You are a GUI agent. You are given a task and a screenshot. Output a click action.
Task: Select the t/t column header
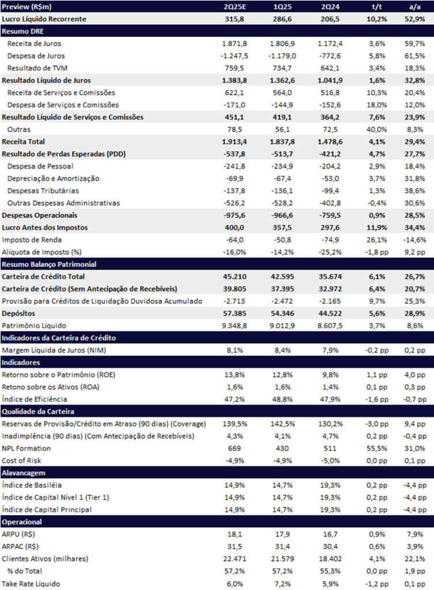[377, 7]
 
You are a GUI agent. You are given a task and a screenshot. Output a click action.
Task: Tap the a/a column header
[415, 7]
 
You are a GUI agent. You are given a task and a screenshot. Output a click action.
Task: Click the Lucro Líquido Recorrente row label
[44, 19]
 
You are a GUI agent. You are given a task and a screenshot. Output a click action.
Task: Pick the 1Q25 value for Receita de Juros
[282, 44]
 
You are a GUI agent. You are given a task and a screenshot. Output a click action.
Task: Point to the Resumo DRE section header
[22, 31]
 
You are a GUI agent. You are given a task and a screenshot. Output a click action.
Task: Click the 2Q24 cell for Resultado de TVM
[330, 68]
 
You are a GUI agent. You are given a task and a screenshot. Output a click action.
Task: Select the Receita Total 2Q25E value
[234, 142]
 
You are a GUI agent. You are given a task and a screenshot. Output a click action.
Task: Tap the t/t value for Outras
[377, 130]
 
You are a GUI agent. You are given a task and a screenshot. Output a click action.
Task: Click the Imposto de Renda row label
[32, 240]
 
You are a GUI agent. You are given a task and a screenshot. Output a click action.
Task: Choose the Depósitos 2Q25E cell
[234, 313]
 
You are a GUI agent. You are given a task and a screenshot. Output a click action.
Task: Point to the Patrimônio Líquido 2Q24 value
[330, 326]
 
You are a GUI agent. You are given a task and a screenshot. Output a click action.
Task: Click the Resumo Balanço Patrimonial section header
[49, 264]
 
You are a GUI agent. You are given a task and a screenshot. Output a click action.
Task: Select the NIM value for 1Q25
[282, 350]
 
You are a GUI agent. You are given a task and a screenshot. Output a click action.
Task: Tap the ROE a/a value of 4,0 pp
[415, 375]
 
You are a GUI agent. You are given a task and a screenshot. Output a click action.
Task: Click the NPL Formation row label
[26, 448]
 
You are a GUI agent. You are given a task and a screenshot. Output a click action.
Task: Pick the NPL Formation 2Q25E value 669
[234, 448]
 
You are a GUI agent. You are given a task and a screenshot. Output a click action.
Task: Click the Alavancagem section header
[23, 473]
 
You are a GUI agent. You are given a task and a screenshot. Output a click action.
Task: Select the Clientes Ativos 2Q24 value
[330, 559]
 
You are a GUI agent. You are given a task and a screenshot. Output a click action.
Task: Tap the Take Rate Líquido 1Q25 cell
[282, 584]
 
